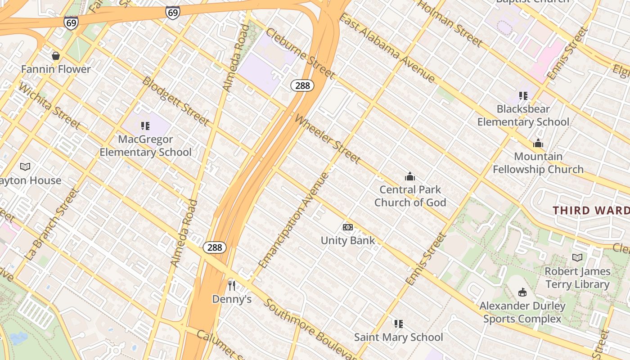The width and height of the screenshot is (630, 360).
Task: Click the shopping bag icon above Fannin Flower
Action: click(x=56, y=56)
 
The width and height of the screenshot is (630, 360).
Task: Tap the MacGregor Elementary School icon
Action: click(x=145, y=126)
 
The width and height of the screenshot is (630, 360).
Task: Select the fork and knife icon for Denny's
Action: click(x=232, y=285)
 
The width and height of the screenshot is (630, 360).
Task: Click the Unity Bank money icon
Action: click(x=348, y=227)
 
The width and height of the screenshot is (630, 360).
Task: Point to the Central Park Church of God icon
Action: click(x=410, y=176)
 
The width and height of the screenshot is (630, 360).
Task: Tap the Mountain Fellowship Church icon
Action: click(x=538, y=144)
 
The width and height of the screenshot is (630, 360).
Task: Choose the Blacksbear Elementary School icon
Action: click(x=523, y=95)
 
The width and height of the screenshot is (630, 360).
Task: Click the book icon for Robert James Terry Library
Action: click(x=577, y=258)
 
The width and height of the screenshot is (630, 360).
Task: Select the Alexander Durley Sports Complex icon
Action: click(x=522, y=292)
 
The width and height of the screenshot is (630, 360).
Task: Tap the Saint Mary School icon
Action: click(x=398, y=324)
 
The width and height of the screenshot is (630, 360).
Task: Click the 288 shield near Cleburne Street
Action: click(x=302, y=85)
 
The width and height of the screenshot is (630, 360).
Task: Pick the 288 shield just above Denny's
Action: click(x=215, y=247)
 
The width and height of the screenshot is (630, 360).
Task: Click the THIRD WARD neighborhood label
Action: click(x=591, y=210)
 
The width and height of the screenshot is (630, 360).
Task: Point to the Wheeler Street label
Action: click(x=327, y=139)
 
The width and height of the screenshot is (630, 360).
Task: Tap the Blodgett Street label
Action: click(x=176, y=101)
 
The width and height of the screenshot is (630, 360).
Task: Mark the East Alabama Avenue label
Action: click(x=387, y=48)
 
